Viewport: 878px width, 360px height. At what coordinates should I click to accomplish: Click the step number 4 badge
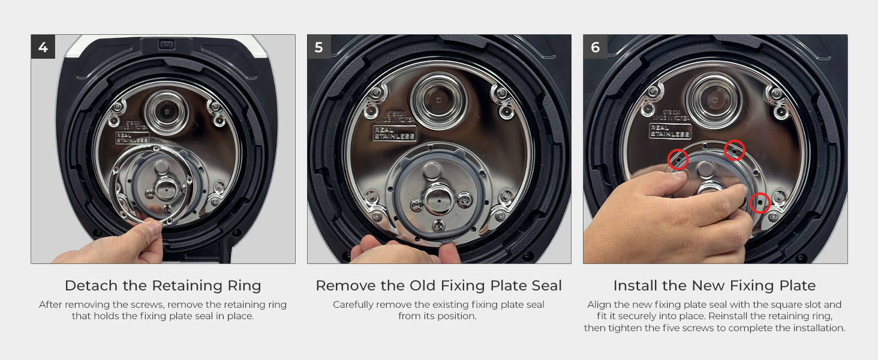coord(43,47)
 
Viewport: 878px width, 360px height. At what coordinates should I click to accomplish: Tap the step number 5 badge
coord(319,47)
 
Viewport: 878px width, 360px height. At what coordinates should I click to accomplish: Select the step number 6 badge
coord(596,47)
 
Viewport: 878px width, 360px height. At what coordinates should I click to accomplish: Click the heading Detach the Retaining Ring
coord(163,286)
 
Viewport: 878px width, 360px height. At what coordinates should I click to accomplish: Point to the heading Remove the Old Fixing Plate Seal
coord(439,286)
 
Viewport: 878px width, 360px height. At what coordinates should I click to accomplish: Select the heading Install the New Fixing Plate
coord(714,286)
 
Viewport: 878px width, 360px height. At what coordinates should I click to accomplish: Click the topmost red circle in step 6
coord(735,150)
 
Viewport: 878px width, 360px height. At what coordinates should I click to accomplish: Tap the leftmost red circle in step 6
coord(678,159)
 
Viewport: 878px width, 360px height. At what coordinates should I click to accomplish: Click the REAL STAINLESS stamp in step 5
coord(394,133)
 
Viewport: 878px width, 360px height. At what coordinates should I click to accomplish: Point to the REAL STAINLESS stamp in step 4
coord(132,138)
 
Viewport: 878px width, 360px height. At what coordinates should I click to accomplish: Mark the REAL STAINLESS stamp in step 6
coord(670,131)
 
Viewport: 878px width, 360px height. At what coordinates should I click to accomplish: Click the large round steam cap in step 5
coord(438,101)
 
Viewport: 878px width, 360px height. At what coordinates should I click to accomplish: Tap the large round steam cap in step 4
coord(167,113)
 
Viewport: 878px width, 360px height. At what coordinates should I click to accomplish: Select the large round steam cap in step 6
coord(714,101)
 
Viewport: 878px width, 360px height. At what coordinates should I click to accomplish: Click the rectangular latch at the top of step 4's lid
coord(167,44)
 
